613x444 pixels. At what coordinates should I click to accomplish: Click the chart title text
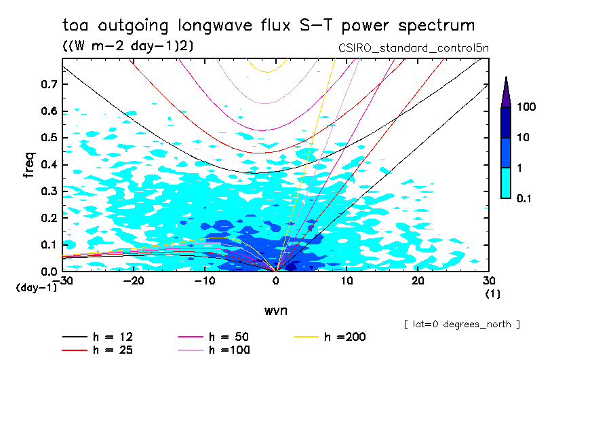[x=269, y=26]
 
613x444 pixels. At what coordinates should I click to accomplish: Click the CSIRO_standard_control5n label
[x=413, y=48]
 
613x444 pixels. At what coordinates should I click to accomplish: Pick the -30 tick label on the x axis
[x=63, y=281]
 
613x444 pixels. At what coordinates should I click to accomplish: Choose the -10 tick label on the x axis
[x=205, y=281]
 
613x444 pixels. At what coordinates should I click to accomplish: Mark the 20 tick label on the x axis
[x=418, y=281]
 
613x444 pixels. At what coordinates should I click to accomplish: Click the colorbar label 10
[x=523, y=138]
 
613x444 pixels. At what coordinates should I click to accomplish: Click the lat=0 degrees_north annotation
[x=462, y=324]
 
